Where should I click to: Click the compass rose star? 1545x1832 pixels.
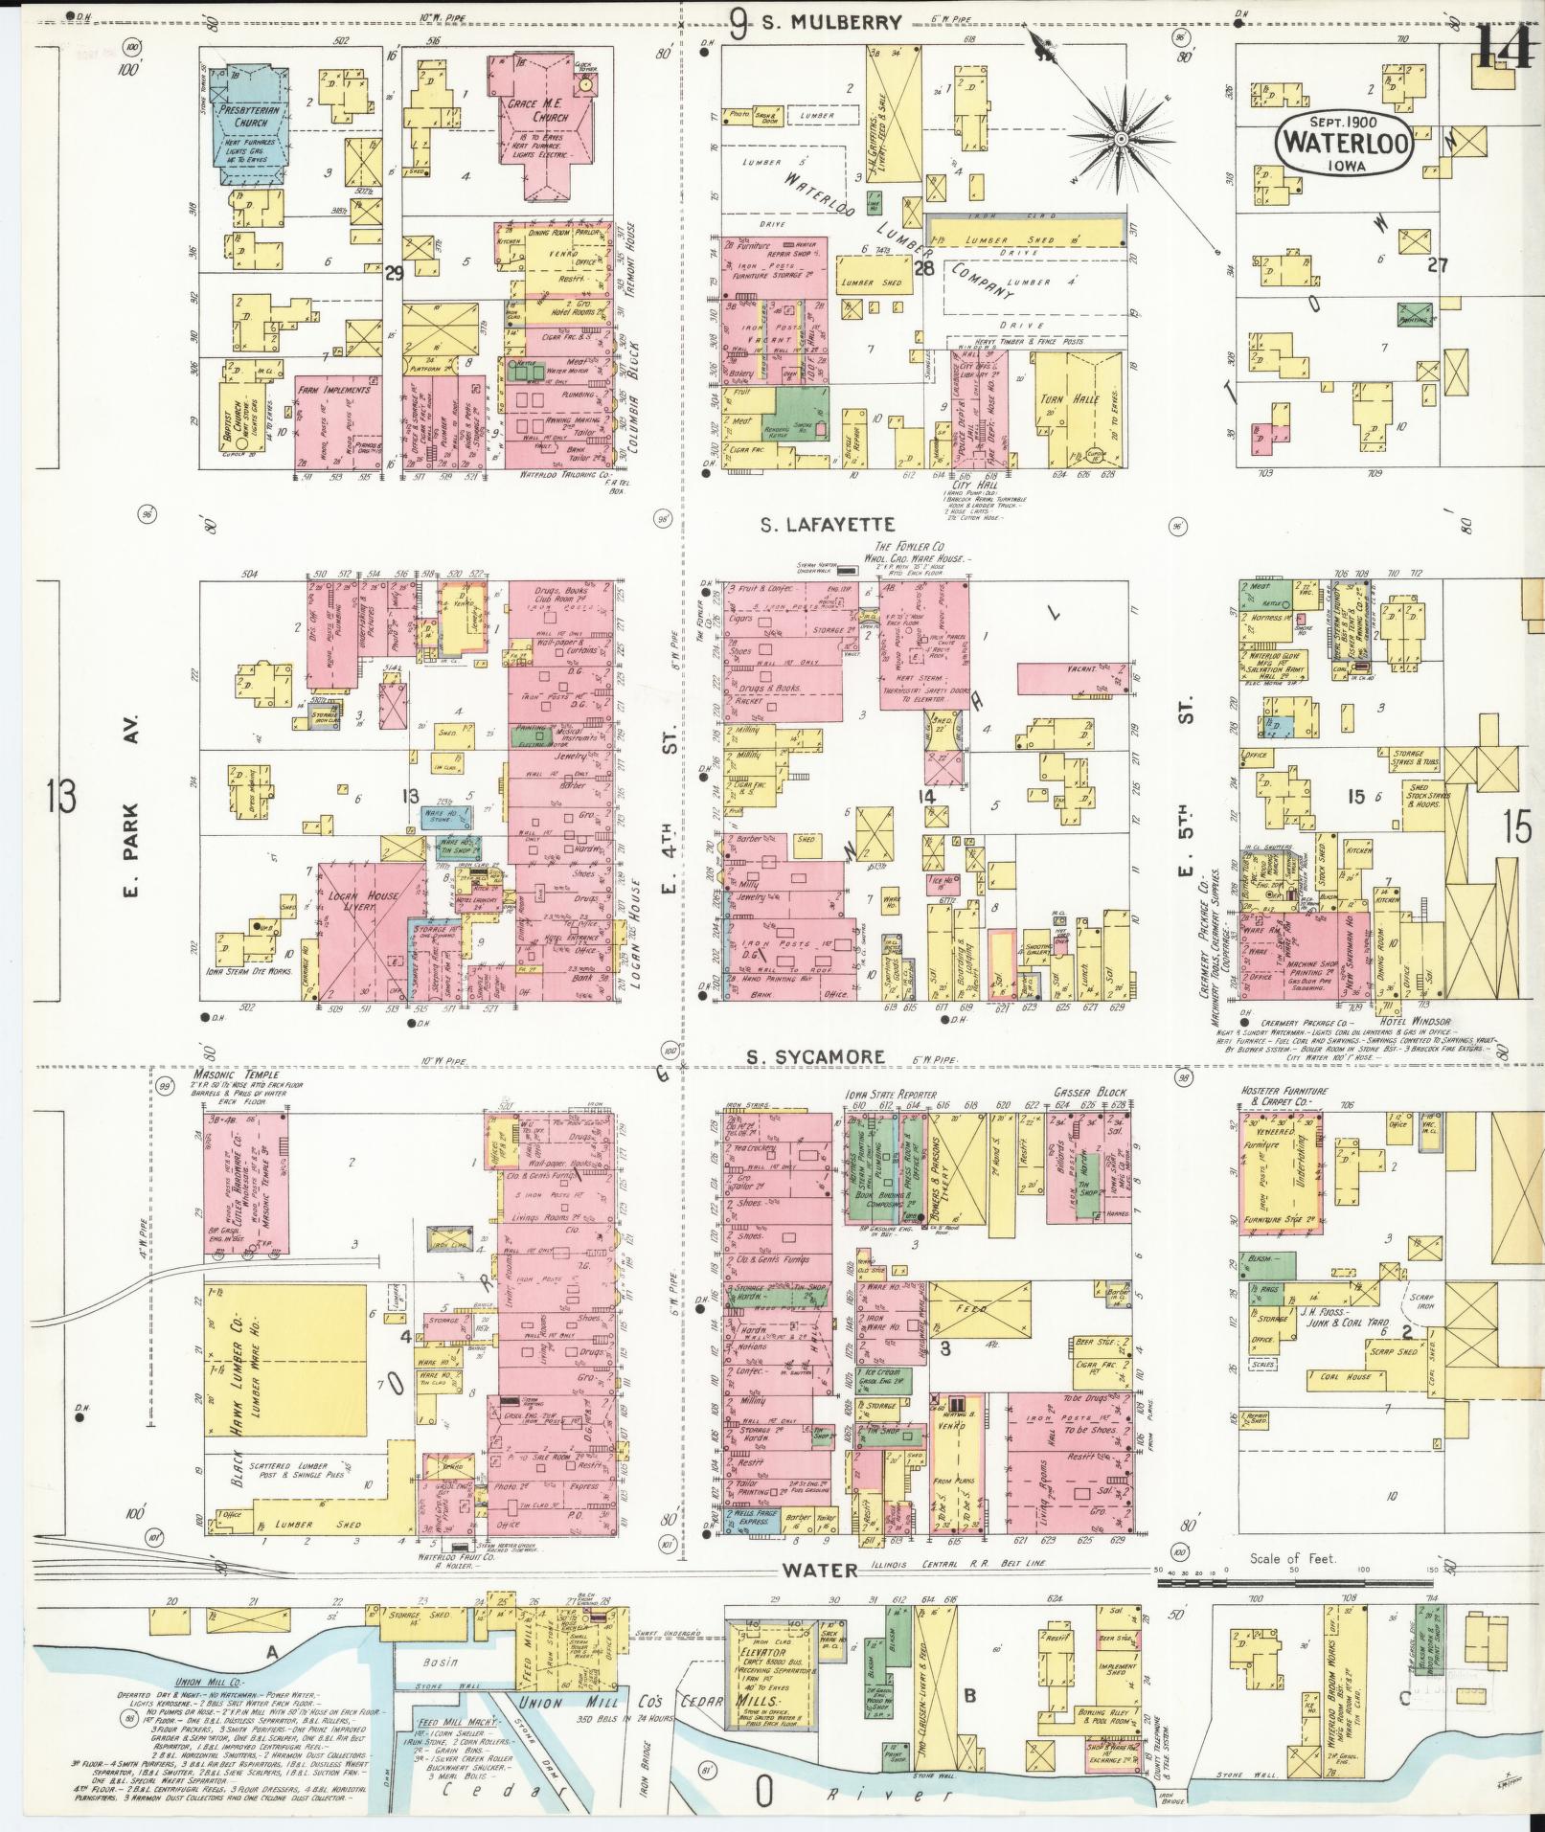point(1120,140)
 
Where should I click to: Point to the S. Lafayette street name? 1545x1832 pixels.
point(828,525)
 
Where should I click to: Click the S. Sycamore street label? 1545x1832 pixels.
point(814,1057)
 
